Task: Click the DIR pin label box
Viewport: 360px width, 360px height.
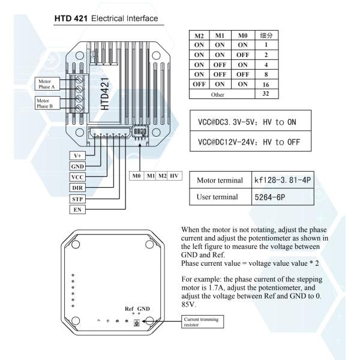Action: [78, 187]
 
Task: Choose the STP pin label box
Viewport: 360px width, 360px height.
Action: [78, 198]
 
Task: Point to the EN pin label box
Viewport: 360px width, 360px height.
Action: [78, 209]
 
